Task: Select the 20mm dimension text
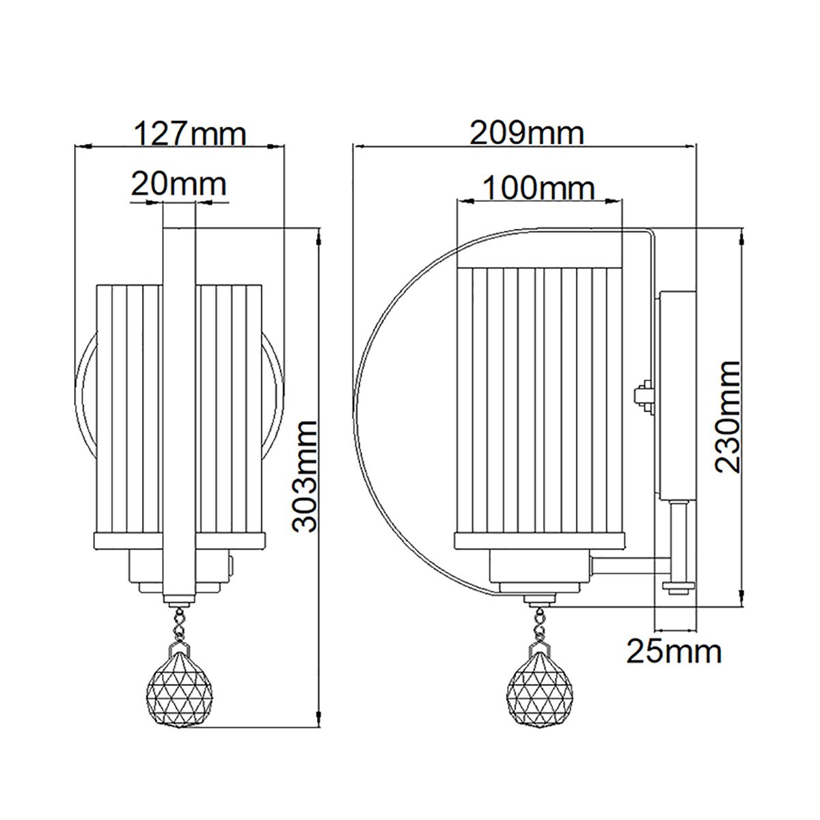pyautogui.click(x=178, y=184)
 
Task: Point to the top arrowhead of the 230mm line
pyautogui.click(x=743, y=236)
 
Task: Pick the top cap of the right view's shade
pyautogui.click(x=540, y=259)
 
